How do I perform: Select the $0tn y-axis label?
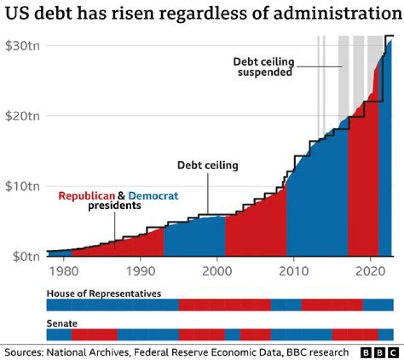point(21,257)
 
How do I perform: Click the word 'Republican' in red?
point(86,196)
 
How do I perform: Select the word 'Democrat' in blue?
point(153,196)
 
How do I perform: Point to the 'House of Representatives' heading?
point(104,294)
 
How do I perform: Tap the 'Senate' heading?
point(62,323)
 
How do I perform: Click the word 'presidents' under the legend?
point(114,206)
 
